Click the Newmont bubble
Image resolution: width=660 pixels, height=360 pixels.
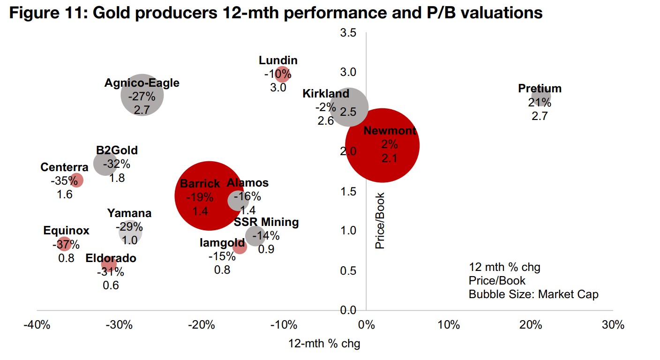coord(382,145)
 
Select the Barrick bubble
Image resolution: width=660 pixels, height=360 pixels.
coord(209,195)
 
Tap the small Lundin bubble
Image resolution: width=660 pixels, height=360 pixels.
coord(282,74)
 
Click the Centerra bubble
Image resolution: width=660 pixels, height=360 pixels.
coord(76,180)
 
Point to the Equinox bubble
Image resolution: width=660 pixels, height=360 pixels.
coord(64,244)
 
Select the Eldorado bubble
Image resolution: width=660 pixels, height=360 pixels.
coord(109,264)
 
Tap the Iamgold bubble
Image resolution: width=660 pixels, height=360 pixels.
coord(239,246)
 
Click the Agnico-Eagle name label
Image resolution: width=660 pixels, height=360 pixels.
coord(142,83)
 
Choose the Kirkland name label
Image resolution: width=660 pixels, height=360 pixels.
coord(326,94)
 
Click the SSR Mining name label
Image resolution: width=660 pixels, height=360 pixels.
coord(266,222)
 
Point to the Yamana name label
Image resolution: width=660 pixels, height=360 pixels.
coord(129,214)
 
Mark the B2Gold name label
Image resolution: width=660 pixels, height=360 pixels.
coord(117,150)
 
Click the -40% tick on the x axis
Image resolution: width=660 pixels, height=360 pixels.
coord(37,325)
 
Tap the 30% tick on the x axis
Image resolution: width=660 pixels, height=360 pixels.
coord(613,325)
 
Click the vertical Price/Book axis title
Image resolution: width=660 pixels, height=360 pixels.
coord(380,220)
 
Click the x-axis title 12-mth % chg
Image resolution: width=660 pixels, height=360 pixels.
coord(324,344)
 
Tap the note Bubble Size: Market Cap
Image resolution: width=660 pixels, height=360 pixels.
coord(533,294)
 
